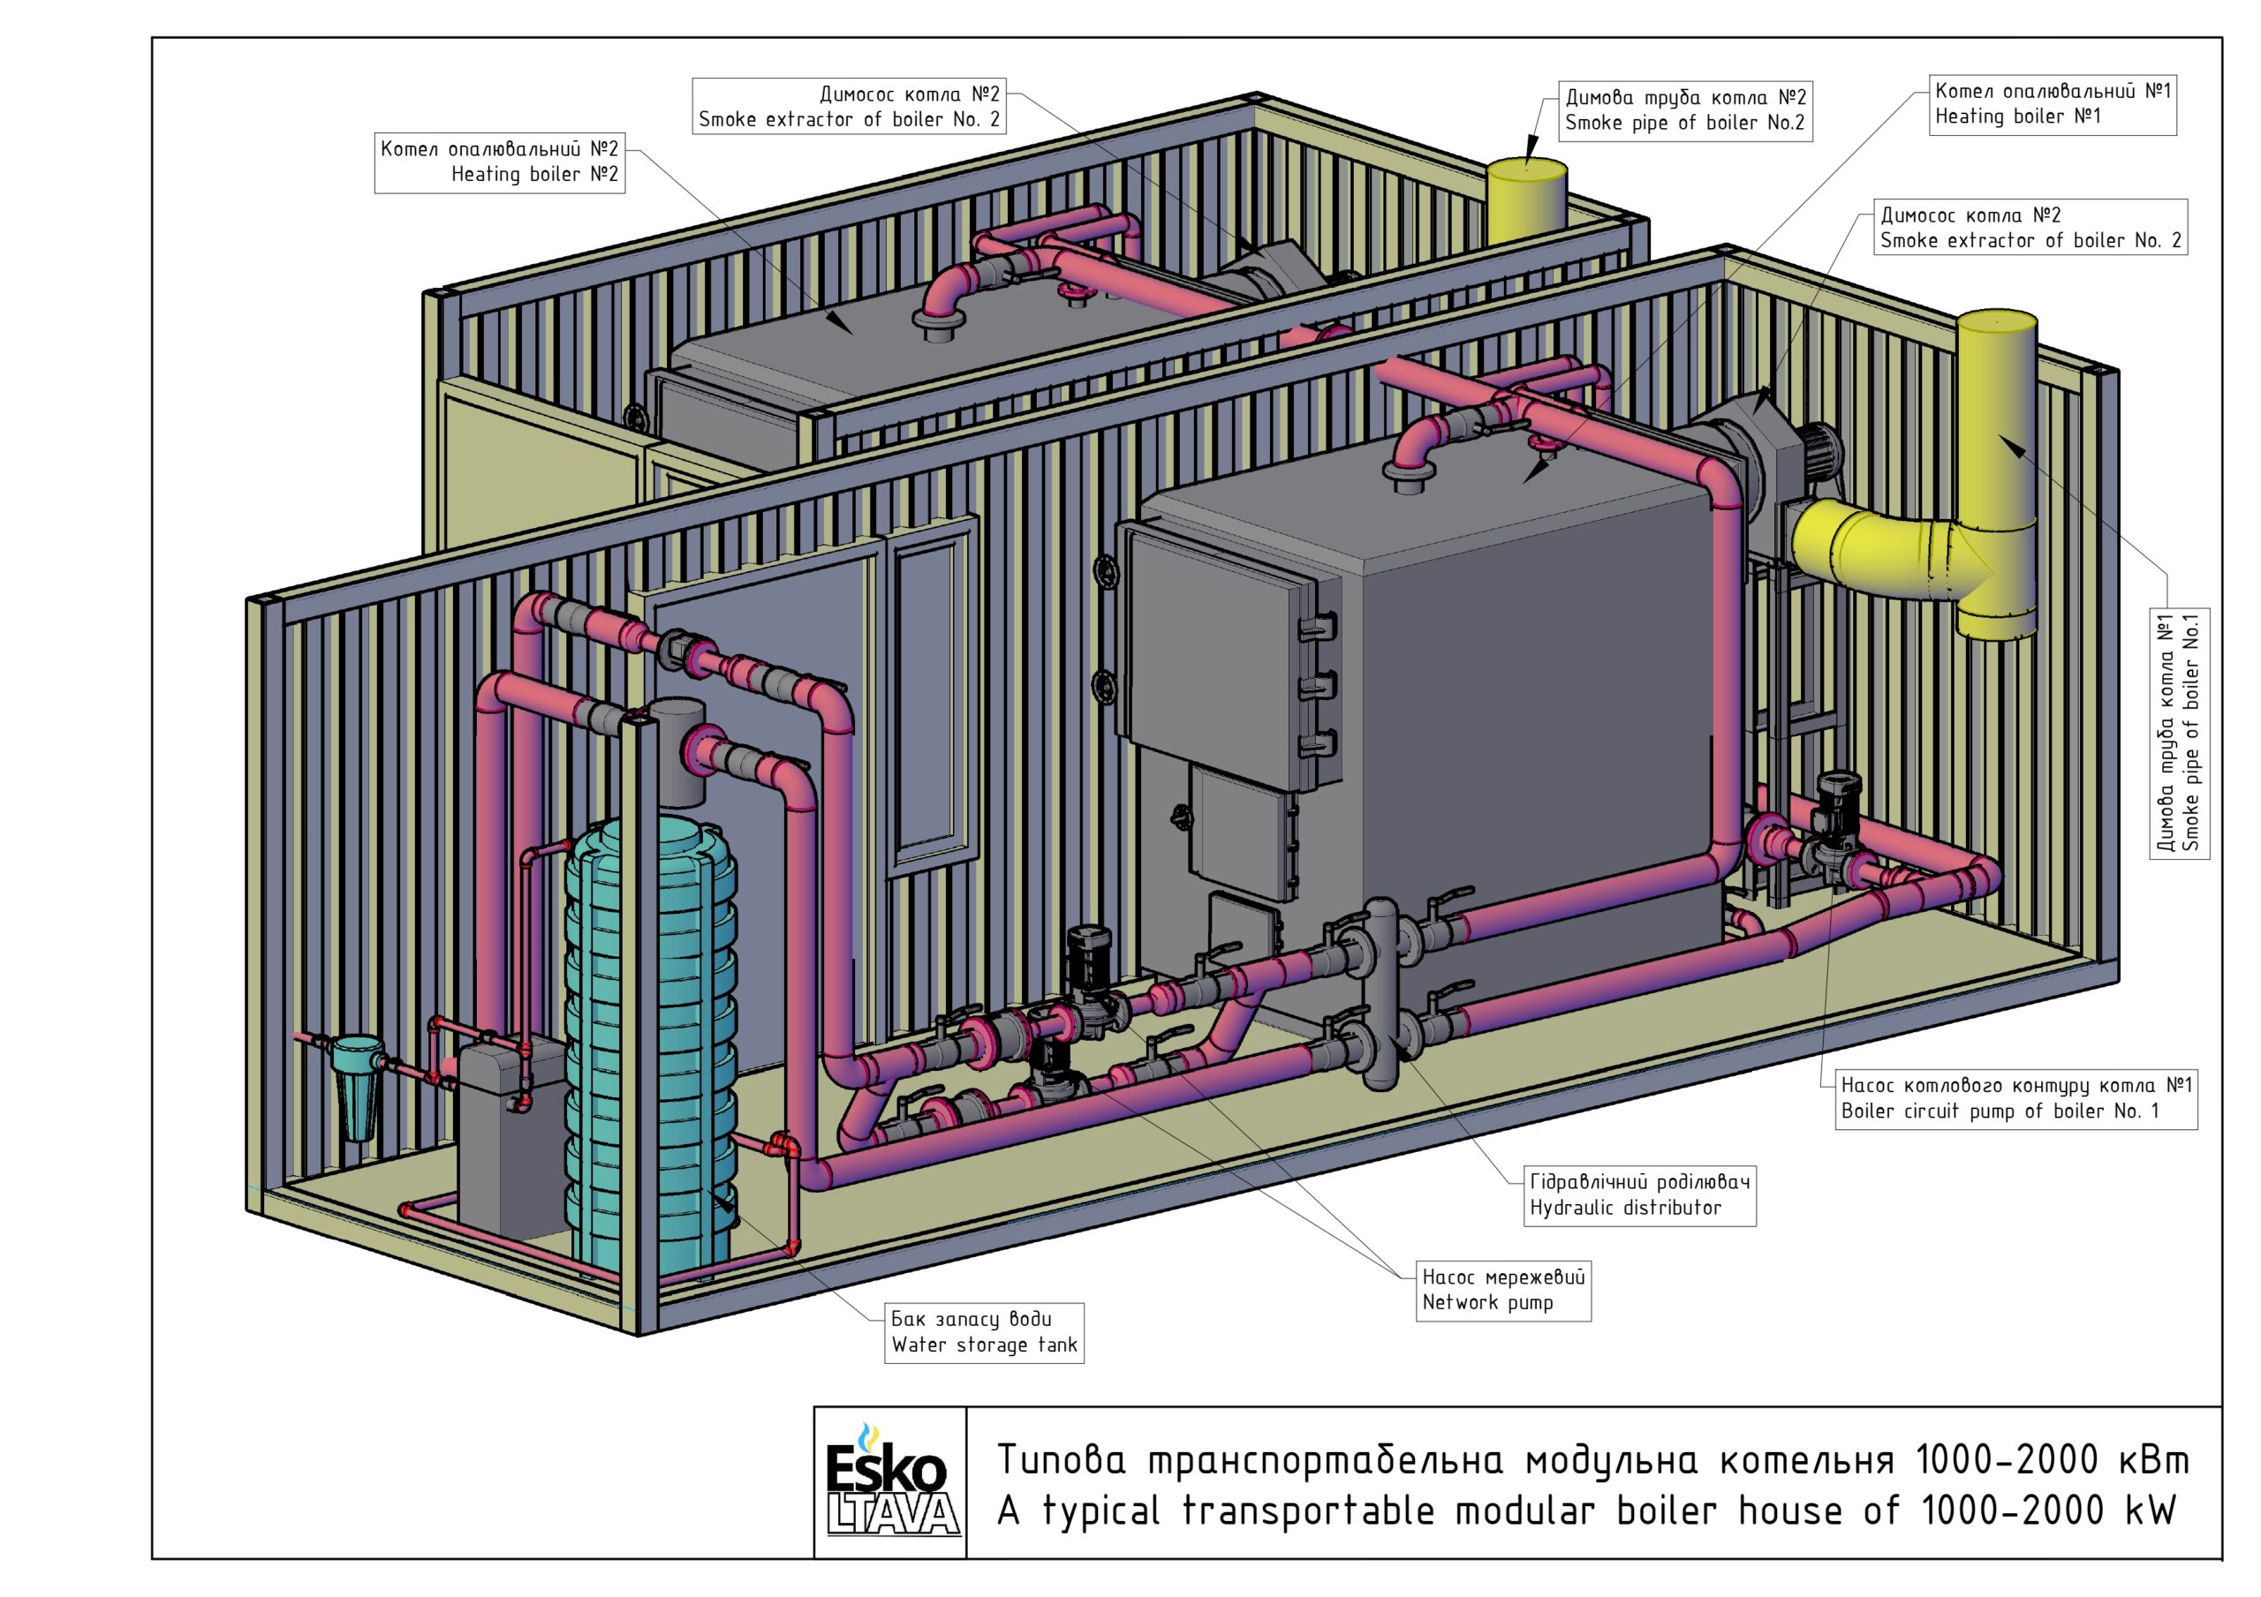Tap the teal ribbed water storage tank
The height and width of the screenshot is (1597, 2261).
pos(650,1053)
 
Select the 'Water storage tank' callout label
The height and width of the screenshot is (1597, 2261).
pos(985,1333)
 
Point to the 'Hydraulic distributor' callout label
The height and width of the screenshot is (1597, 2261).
pos(1639,1195)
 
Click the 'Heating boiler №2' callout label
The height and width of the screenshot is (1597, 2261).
pos(499,162)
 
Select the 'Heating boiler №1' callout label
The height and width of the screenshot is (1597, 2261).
pos(2053,104)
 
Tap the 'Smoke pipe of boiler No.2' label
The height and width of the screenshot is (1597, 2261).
pos(1686,110)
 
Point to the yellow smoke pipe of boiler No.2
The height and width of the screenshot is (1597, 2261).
pos(1526,201)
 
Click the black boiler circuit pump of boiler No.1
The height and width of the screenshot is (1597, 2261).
pos(1836,822)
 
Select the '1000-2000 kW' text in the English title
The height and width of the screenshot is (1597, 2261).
pos(2049,1510)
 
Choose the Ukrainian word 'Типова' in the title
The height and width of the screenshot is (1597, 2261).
pos(1062,1459)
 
